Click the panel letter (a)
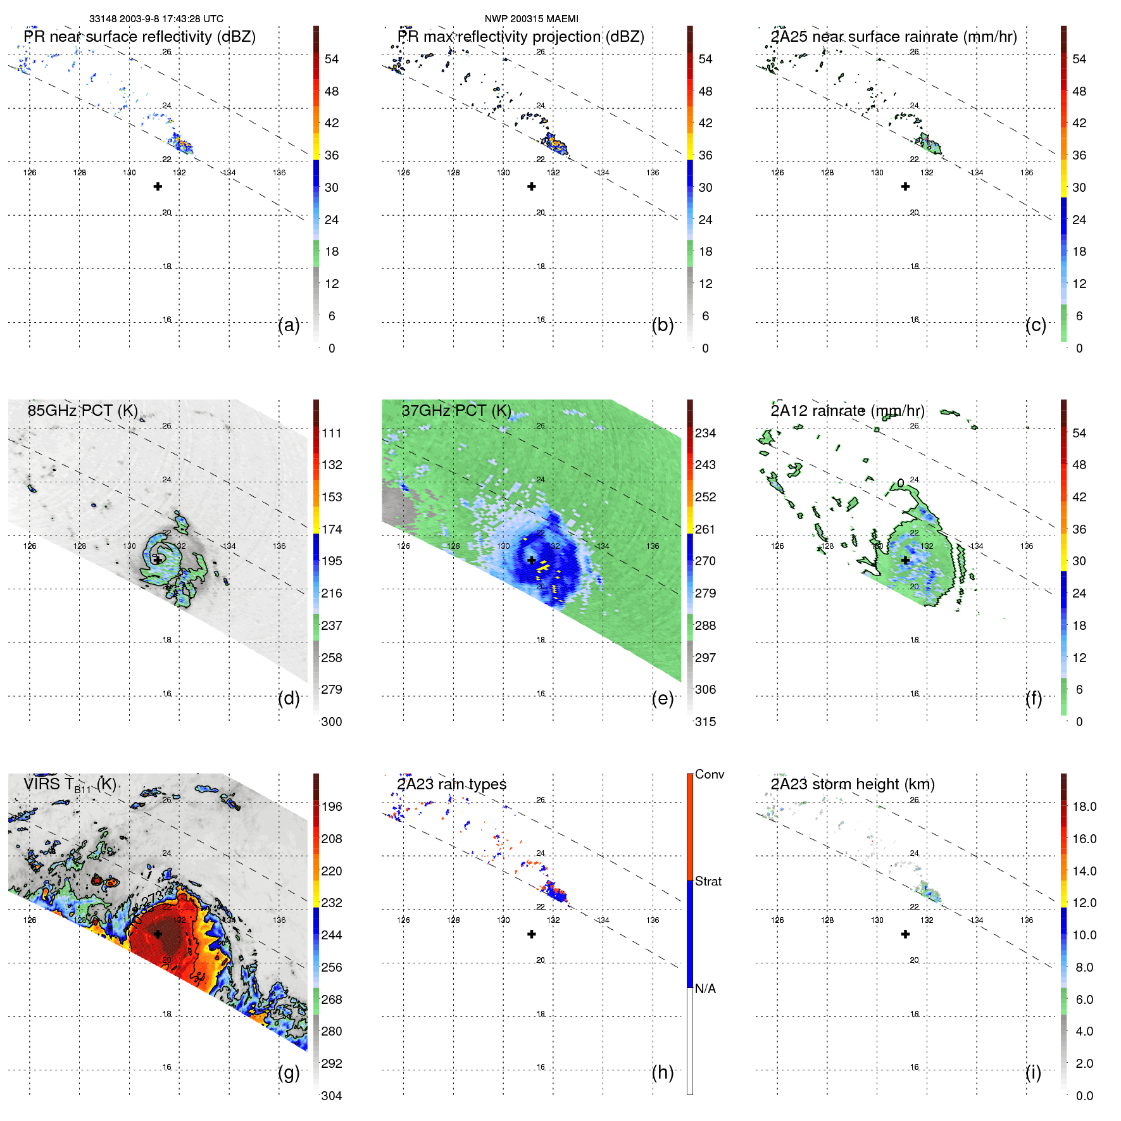coord(289,325)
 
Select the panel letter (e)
coord(662,698)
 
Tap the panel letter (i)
coord(1033,1072)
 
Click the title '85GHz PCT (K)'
coord(82,410)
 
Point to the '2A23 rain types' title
coord(451,784)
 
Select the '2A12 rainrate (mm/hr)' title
coord(847,410)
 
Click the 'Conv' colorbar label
coord(709,774)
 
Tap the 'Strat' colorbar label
coord(708,881)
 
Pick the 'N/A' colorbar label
coord(705,989)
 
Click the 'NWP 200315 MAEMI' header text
coord(531,19)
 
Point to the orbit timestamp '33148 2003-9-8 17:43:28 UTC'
coord(156,19)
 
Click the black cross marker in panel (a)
coord(158,187)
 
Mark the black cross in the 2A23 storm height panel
coord(905,934)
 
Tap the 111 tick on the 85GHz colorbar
coord(331,433)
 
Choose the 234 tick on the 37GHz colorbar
coord(705,433)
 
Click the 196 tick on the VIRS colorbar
coord(331,806)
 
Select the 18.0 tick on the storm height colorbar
coord(1084,806)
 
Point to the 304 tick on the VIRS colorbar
coord(331,1096)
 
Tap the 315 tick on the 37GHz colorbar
coord(705,722)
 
